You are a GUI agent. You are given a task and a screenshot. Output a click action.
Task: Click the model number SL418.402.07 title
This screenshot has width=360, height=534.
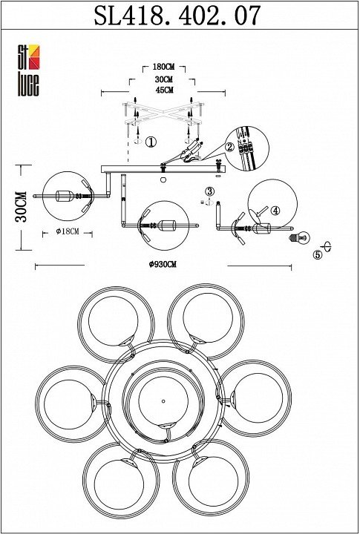(177, 16)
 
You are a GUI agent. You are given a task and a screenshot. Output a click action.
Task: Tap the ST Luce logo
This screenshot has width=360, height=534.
(29, 70)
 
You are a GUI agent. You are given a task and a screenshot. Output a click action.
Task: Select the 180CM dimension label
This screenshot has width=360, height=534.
(163, 67)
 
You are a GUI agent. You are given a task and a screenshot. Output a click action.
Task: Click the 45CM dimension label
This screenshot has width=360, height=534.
(163, 90)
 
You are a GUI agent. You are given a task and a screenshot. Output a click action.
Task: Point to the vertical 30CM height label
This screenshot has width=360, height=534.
(22, 207)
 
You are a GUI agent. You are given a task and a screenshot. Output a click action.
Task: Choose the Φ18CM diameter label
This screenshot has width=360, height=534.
(67, 232)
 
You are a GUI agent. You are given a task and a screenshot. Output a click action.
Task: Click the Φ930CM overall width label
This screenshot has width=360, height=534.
(163, 264)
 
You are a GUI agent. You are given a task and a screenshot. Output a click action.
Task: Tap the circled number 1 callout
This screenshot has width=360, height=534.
(151, 142)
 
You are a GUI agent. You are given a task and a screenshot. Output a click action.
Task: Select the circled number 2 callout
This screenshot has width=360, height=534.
(229, 147)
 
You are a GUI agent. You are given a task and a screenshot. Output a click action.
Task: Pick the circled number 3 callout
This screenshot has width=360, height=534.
(209, 191)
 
